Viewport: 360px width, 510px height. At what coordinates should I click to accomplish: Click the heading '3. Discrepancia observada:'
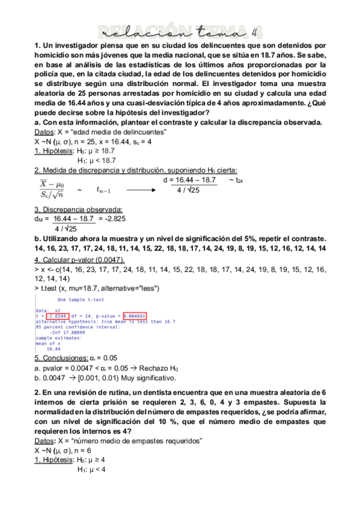point(78,209)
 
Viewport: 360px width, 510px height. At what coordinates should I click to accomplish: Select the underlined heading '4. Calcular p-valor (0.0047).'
point(79,259)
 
